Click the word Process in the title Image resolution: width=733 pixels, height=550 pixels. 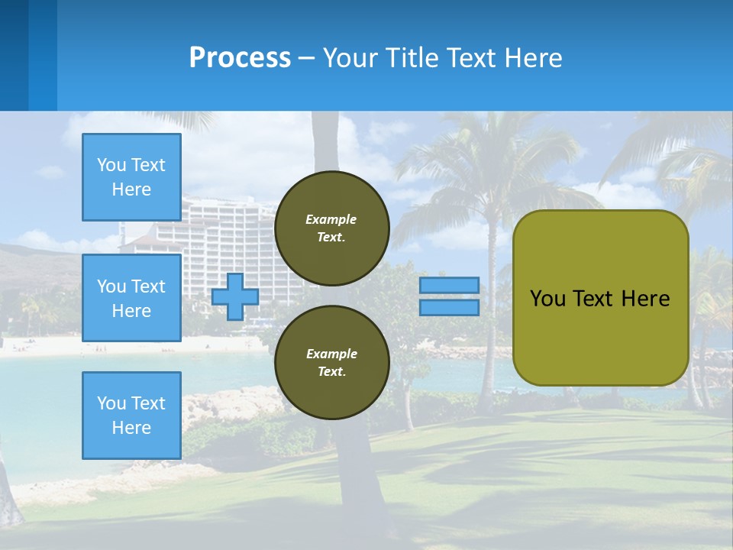point(240,57)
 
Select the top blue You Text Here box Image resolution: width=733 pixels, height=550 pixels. point(131,177)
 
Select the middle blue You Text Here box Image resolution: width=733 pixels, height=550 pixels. point(131,298)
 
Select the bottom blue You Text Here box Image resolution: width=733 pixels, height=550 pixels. point(131,415)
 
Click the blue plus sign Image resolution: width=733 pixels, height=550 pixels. point(235,296)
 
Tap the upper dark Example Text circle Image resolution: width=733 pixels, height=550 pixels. point(331,228)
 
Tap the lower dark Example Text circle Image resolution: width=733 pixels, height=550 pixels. point(331,363)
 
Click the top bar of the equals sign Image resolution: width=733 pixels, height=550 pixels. point(449,286)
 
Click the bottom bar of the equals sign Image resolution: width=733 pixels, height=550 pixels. point(449,308)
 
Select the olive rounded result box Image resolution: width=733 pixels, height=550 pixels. point(600,336)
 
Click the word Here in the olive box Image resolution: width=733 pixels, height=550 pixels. point(645,299)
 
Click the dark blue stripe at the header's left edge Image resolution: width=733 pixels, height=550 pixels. point(14,55)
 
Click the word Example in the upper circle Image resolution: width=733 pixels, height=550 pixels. point(331,219)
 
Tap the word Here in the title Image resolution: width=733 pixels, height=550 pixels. point(533,57)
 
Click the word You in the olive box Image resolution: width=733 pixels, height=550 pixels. point(547,299)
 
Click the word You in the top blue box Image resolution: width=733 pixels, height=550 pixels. point(111,165)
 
